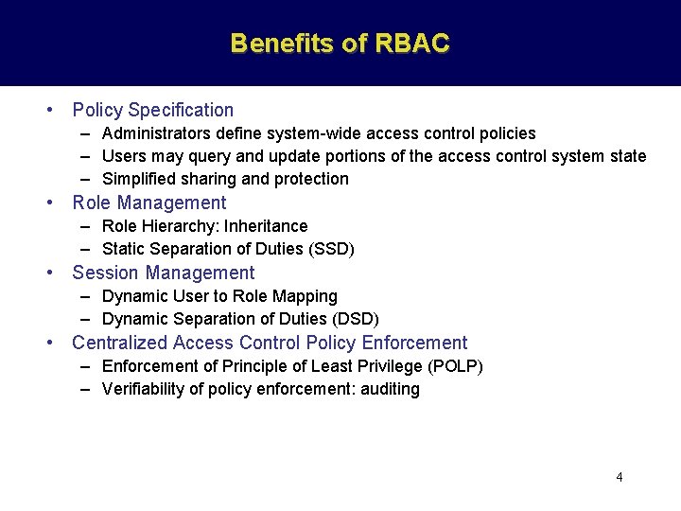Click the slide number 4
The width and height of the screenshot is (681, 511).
point(620,477)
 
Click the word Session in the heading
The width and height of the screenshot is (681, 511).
point(105,273)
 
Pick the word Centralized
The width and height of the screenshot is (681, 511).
point(118,343)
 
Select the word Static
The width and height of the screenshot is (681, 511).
point(122,249)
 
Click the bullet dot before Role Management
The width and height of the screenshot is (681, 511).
point(52,203)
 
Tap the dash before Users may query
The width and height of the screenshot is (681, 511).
point(85,156)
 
